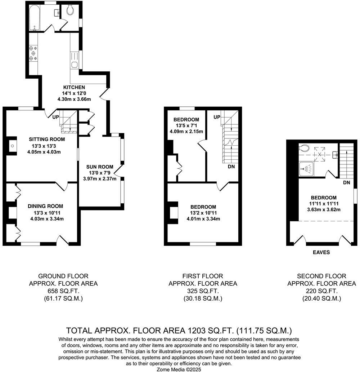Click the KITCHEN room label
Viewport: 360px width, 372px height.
coord(74,87)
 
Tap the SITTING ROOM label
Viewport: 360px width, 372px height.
coord(47,139)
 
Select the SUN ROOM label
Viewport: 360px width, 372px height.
coord(100,167)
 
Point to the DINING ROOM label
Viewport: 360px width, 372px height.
coord(45,206)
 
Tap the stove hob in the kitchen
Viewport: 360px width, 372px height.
coord(33,53)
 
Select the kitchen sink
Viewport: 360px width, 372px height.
coord(74,65)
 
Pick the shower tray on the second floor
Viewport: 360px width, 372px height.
coord(307,168)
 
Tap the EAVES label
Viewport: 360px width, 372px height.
coord(321,252)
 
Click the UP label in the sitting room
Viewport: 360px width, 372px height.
coord(55,117)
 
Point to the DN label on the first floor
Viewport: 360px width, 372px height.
coord(231,167)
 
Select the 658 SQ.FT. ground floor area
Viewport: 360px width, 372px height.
coord(63,291)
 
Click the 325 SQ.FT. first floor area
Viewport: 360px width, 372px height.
coord(203,291)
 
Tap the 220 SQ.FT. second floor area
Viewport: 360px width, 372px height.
coord(321,291)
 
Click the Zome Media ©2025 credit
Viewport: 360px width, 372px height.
coord(179,369)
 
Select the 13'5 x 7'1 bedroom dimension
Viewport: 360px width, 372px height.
coord(186,125)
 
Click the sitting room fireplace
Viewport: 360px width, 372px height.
coord(12,146)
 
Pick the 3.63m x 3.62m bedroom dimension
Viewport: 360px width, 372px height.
coord(324,210)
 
